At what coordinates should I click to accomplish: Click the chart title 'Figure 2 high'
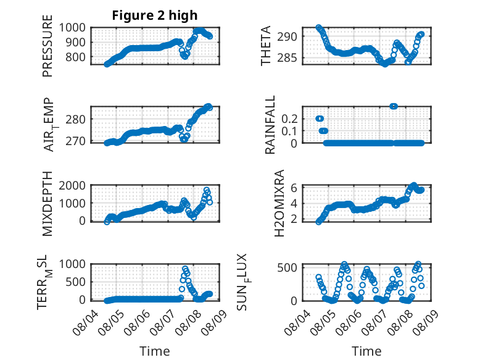point(155,15)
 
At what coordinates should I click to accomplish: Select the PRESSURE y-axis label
point(48,46)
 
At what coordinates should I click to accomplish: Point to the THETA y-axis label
point(266,46)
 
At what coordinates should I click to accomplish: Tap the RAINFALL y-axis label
point(270,125)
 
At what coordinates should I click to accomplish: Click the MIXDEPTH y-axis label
point(48,203)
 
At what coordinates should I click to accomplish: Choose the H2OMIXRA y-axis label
point(279,203)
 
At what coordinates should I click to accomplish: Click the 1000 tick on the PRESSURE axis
point(72,28)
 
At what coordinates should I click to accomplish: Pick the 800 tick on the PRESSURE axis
point(76,57)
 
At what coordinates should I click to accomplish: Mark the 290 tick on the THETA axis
point(288,37)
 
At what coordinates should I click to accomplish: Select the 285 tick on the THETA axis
point(288,57)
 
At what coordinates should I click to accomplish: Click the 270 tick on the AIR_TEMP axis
point(76,141)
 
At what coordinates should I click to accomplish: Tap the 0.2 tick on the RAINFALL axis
point(289,119)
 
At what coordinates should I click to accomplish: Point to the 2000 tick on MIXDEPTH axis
point(72,185)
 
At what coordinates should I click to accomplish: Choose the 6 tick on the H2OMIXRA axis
point(294,188)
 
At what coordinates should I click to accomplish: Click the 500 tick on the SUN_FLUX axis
point(288,267)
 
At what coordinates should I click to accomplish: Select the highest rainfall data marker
point(394,106)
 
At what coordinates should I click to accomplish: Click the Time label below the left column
point(155,351)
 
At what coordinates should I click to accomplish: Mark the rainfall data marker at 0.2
point(320,119)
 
